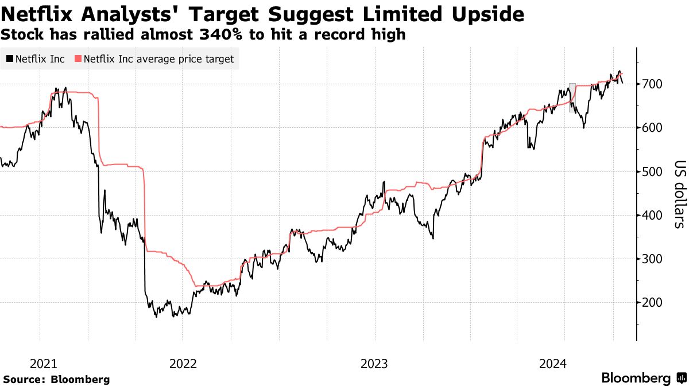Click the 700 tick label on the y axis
652,84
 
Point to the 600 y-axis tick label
652,128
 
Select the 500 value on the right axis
652,171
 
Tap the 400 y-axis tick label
652,215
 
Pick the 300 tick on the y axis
652,259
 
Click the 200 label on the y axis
652,302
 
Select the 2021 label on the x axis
44,363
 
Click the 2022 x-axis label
183,363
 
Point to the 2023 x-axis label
374,363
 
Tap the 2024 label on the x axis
553,363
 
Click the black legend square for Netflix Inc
10,59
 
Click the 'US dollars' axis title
678,193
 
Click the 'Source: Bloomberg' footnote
56,380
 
